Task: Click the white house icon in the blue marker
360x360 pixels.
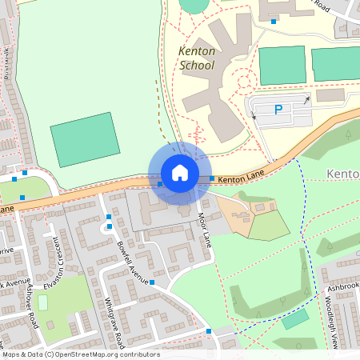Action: [x=180, y=173]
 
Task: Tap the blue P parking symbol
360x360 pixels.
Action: [x=278, y=110]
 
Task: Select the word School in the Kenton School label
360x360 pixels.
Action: [x=197, y=66]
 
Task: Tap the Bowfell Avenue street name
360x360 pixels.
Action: [x=133, y=262]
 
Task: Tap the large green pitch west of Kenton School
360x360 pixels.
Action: [x=84, y=139]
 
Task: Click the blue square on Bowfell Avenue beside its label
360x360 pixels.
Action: [x=151, y=282]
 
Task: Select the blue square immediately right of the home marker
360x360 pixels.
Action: [x=212, y=178]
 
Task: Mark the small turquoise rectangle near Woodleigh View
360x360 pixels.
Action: [x=295, y=318]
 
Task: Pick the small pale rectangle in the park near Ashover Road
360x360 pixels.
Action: [x=42, y=303]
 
